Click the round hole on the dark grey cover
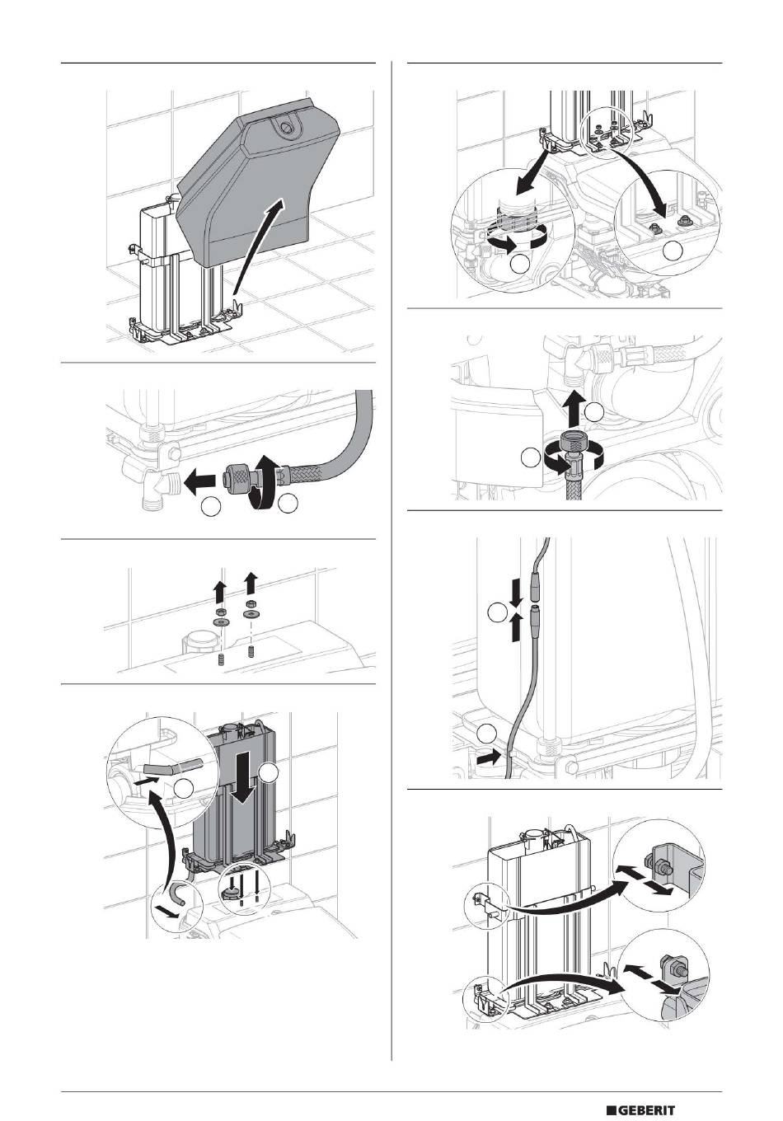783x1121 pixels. (285, 129)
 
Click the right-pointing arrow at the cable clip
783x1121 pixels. (490, 753)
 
